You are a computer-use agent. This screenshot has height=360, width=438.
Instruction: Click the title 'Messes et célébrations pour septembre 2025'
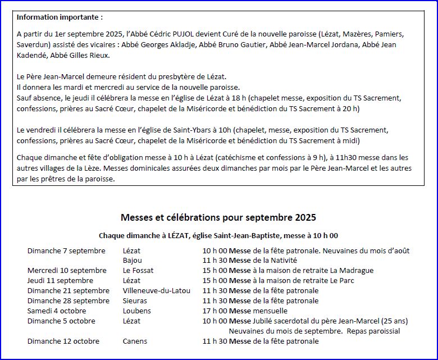[218, 217]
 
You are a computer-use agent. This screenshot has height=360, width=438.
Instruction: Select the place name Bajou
[133, 260]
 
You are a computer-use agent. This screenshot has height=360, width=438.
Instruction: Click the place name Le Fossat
[138, 270]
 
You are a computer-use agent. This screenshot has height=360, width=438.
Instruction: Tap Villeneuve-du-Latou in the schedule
[157, 290]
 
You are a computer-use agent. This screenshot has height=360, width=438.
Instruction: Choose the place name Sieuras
[135, 300]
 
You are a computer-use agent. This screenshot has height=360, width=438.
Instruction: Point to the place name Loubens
[136, 311]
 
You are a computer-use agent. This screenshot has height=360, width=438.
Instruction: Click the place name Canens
[135, 341]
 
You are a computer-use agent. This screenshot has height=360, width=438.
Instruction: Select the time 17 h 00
[215, 311]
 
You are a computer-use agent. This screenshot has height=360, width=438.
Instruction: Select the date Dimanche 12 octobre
[63, 341]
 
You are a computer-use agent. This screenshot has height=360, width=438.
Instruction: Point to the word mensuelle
[270, 311]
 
